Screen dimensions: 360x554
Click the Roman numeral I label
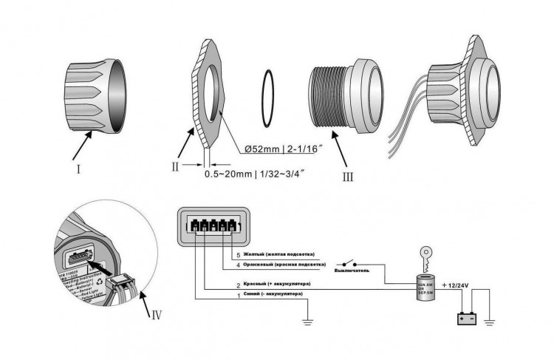click(78, 169)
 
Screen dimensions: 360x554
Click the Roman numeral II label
click(175, 166)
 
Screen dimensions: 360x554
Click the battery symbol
click(467, 319)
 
